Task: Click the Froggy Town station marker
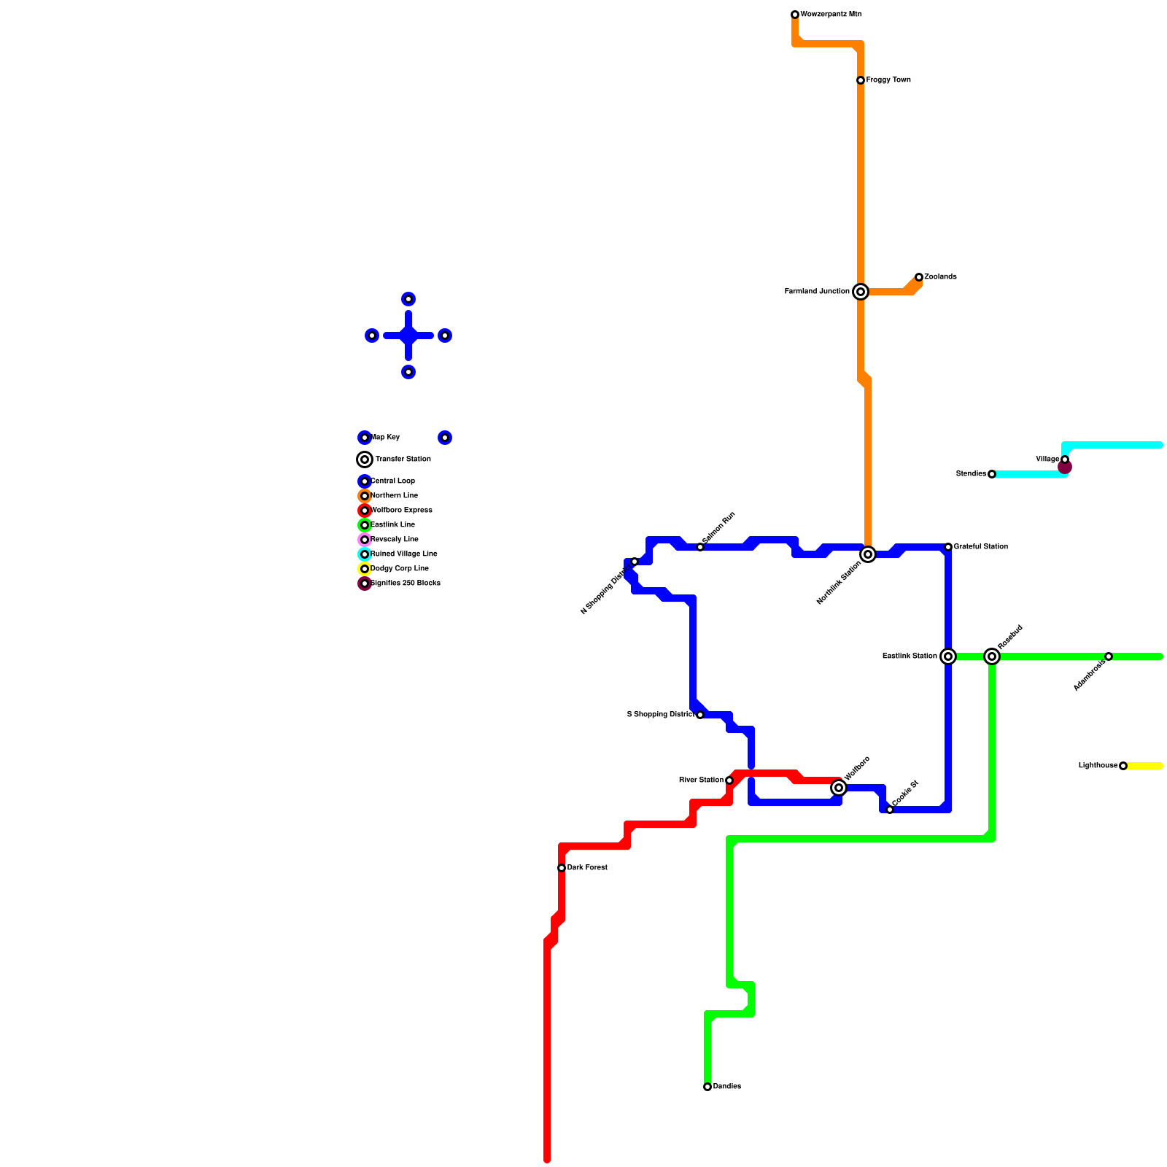(861, 80)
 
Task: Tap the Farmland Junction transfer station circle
(861, 292)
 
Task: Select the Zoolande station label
(940, 277)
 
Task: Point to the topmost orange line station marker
(795, 15)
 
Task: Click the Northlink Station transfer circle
(868, 554)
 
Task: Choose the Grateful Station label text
(980, 547)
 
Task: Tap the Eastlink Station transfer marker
(948, 656)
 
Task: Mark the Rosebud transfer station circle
(992, 656)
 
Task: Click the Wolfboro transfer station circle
(839, 788)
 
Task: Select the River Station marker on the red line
(729, 780)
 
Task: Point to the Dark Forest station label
(587, 868)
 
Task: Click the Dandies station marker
(707, 1087)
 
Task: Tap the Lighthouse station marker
(1123, 766)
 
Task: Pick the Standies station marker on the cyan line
(992, 474)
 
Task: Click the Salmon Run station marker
(700, 547)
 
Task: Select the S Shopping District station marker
(700, 715)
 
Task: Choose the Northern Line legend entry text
(394, 496)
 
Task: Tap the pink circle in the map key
(365, 540)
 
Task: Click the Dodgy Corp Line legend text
(400, 569)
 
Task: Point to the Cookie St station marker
(890, 810)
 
